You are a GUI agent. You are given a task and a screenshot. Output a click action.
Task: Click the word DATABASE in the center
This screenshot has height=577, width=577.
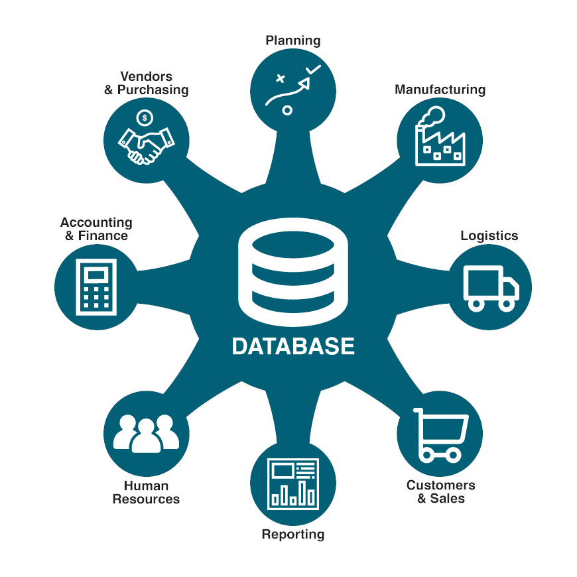[293, 346]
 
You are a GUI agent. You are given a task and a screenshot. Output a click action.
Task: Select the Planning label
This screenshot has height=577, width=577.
[293, 40]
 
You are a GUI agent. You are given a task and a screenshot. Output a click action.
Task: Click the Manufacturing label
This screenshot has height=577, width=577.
[440, 90]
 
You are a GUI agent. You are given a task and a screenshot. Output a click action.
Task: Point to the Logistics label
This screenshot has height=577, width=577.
[489, 235]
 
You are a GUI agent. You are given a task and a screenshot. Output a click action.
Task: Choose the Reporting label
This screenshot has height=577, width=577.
[293, 534]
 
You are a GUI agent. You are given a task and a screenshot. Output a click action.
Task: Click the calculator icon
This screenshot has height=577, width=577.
[96, 287]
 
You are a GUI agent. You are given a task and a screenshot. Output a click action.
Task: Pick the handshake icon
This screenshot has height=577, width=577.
[146, 145]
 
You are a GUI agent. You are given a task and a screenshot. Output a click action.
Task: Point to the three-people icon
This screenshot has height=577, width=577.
[147, 434]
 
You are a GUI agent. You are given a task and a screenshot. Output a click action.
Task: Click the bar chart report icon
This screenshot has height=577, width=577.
[293, 483]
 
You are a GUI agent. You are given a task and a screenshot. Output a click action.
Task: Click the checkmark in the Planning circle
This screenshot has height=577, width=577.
[312, 70]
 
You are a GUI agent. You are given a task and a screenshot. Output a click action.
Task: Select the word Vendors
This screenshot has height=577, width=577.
[147, 77]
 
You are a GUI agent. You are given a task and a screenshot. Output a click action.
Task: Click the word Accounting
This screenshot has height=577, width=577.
[96, 223]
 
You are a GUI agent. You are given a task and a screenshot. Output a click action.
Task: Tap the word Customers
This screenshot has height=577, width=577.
[440, 485]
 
